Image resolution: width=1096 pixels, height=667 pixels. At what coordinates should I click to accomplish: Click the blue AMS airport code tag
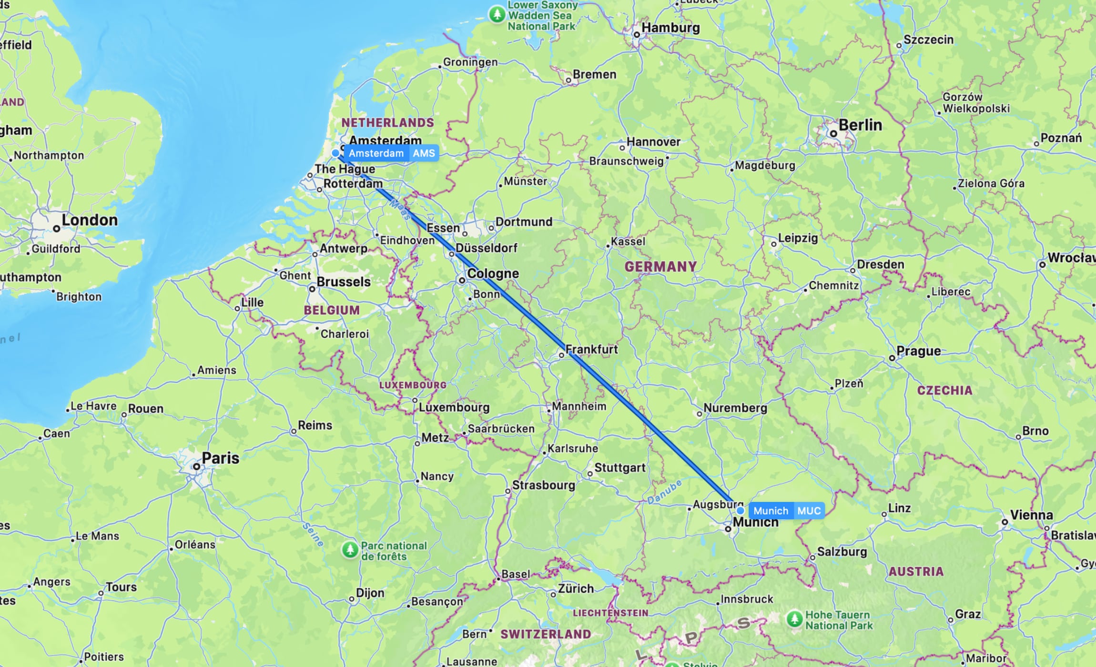[x=424, y=153]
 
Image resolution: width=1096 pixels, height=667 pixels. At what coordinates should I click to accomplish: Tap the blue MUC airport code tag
[x=809, y=511]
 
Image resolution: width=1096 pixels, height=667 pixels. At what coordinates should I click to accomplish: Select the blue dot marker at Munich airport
[x=740, y=511]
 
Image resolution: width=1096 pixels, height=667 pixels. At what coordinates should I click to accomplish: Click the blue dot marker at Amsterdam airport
[x=336, y=153]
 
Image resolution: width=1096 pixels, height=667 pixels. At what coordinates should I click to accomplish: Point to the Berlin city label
[x=860, y=125]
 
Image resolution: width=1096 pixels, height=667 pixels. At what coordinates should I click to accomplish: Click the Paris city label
[x=220, y=458]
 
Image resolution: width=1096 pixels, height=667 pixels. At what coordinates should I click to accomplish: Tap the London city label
[x=90, y=220]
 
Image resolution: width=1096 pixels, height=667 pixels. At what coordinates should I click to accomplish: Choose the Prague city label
[x=918, y=351]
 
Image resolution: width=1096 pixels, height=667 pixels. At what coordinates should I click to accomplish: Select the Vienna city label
[x=1031, y=515]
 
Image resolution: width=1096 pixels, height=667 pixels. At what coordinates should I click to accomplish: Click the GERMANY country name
[x=660, y=267]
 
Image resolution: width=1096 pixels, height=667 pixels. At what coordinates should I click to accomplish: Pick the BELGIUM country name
[x=332, y=310]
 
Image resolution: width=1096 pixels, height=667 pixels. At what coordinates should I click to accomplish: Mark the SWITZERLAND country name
[x=546, y=634]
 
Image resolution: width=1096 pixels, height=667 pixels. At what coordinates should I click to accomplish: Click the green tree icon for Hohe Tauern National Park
[x=794, y=619]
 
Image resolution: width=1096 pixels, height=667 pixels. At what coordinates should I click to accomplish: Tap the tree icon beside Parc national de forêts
[x=350, y=550]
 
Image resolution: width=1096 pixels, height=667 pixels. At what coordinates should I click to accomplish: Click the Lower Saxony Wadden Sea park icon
[x=497, y=14]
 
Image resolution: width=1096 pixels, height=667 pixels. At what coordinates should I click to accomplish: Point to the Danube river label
[x=664, y=492]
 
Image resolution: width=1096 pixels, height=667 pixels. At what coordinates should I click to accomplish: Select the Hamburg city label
[x=670, y=28]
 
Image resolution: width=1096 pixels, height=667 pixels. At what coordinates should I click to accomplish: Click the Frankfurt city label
[x=591, y=349]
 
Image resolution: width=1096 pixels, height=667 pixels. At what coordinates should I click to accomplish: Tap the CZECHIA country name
[x=944, y=391]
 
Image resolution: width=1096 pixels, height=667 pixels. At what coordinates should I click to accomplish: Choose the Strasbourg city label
[x=543, y=485]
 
